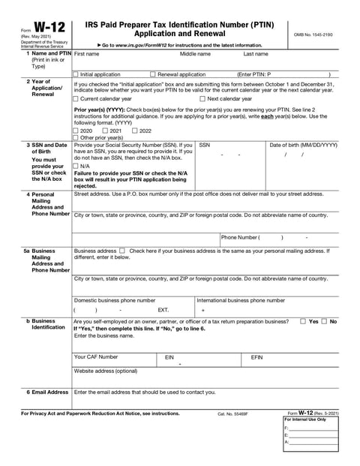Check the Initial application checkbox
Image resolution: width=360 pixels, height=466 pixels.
[75, 74]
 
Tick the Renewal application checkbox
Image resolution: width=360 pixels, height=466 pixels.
[153, 74]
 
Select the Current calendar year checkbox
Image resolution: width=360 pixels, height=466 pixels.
[75, 98]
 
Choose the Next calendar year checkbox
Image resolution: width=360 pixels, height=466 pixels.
[202, 98]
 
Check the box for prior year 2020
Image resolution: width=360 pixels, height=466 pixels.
[75, 131]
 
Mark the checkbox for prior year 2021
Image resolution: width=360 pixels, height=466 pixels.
[103, 131]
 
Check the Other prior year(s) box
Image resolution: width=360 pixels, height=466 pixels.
[75, 138]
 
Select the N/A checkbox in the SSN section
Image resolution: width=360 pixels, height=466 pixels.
[75, 166]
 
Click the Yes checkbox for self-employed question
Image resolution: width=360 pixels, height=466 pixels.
[303, 321]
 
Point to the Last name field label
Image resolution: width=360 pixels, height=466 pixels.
[256, 54]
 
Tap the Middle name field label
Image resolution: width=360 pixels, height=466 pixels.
[195, 54]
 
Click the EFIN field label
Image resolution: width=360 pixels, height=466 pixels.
[257, 356]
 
